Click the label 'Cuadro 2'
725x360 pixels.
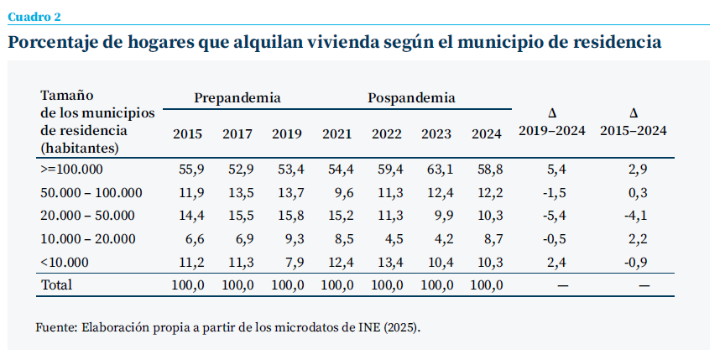[x=34, y=16]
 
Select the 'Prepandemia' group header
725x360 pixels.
[x=237, y=98]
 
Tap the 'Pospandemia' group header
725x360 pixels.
[x=411, y=98]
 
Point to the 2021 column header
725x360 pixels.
[x=337, y=133]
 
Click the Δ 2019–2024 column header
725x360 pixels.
[x=552, y=123]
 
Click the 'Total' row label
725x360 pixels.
[x=56, y=284]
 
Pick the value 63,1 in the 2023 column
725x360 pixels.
[x=436, y=169]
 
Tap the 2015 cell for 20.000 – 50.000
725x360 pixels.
[x=190, y=216]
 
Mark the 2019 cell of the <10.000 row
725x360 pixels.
[x=289, y=261]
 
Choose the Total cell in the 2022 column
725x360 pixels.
[x=387, y=284]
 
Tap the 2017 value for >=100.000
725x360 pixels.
[x=240, y=169]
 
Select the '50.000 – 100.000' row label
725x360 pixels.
[x=91, y=192]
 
